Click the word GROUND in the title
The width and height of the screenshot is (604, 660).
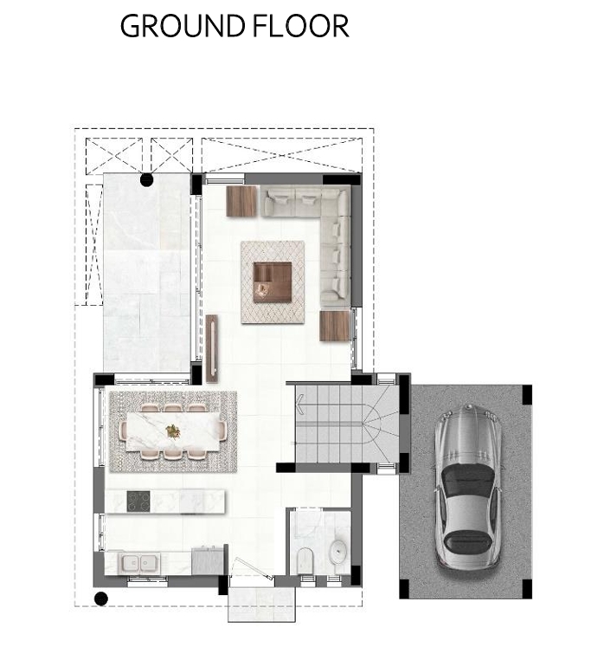coord(183,26)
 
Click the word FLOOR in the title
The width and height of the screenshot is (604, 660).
coord(301,26)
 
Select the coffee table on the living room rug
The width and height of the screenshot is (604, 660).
coord(273,281)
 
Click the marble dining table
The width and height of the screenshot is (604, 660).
coord(173,430)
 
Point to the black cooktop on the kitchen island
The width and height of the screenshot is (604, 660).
coord(138,501)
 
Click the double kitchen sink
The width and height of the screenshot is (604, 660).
coord(139,562)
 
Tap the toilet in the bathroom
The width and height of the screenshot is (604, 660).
coord(303,560)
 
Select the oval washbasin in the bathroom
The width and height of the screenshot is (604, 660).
coord(337,551)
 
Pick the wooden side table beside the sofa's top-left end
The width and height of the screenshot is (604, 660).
coord(241,201)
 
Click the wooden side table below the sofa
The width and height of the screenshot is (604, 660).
coord(335,326)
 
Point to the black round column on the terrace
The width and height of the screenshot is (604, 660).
coord(146,180)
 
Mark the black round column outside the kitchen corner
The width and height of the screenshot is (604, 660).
coord(100,599)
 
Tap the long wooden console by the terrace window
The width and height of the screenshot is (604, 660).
coord(212,348)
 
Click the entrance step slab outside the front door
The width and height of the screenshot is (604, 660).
coord(261,605)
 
